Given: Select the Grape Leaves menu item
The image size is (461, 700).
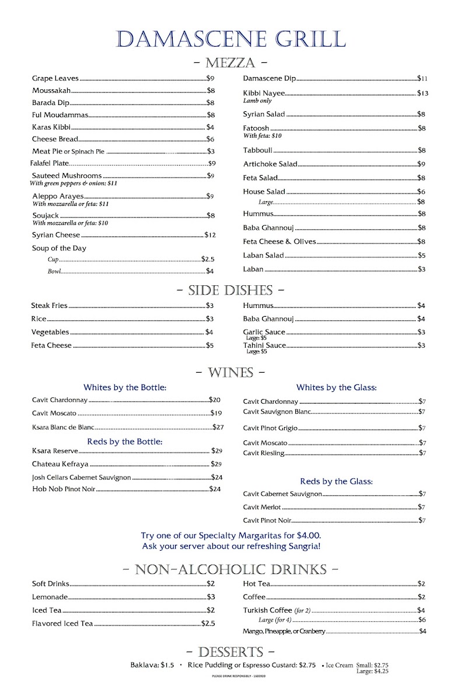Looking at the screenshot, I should (55, 78).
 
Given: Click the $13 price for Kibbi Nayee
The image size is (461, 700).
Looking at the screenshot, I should (422, 93).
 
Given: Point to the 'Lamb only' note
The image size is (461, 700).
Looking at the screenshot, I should (257, 101).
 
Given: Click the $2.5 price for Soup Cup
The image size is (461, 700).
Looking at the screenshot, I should (208, 258).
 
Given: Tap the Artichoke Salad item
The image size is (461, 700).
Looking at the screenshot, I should (270, 164).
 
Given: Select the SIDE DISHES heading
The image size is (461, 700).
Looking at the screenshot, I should (230, 290).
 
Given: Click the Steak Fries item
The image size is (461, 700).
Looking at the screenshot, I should (50, 305).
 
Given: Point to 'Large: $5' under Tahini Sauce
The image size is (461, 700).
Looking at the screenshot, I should (256, 352).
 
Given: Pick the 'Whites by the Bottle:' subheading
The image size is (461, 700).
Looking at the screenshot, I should (125, 387).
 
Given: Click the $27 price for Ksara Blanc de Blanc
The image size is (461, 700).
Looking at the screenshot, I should (218, 427).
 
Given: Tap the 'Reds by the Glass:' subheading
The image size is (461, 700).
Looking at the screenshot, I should (336, 481).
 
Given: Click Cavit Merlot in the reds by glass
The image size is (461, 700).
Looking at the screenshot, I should (262, 507).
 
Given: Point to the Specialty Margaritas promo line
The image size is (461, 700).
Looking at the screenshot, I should (230, 535).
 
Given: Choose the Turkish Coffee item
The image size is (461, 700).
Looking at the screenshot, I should (268, 610).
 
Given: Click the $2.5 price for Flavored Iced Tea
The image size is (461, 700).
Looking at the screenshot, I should (208, 624).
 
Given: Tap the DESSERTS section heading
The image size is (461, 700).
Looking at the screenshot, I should (230, 652).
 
